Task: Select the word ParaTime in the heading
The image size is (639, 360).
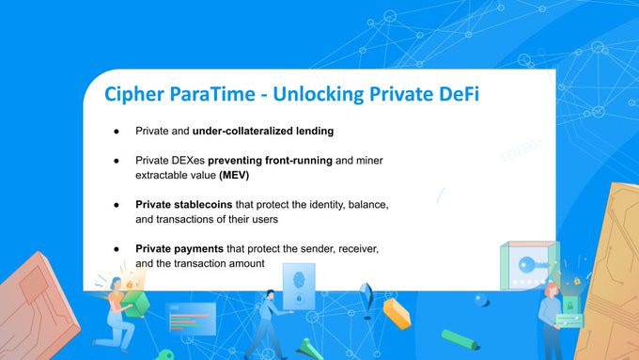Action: [212, 93]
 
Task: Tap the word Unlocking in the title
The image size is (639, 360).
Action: [319, 94]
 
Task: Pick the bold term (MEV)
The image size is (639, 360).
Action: [234, 176]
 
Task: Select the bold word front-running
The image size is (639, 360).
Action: [299, 160]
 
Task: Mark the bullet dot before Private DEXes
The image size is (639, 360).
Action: [117, 161]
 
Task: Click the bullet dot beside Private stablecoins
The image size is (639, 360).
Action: [117, 205]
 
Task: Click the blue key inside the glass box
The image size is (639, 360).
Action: [533, 265]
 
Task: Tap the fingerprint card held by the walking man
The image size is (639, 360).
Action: [299, 286]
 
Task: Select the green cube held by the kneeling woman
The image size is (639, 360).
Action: [135, 304]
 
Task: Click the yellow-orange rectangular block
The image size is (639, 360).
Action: [397, 313]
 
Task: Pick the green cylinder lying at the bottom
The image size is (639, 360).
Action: [460, 339]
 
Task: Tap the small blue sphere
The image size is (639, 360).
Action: [482, 301]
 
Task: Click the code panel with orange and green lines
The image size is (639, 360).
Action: [191, 319]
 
